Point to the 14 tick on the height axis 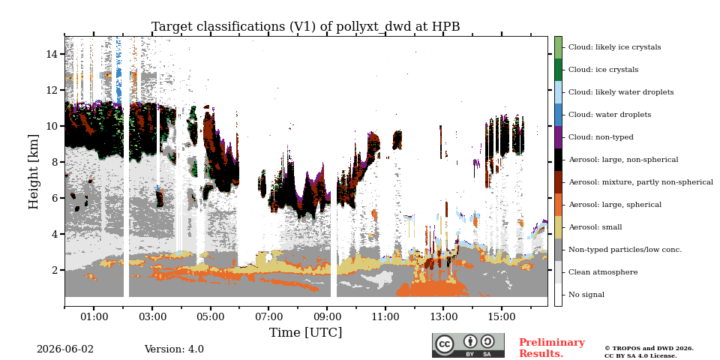(63, 54)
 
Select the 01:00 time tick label (94, 316)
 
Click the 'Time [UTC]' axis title (306, 332)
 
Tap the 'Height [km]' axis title (34, 172)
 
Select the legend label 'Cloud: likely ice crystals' (615, 46)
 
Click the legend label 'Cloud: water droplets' (610, 114)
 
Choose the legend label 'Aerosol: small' (595, 226)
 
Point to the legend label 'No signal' (586, 294)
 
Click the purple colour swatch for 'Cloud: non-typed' (558, 136)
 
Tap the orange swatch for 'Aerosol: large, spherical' (558, 204)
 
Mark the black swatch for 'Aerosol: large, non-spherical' (558, 159)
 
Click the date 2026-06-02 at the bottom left (65, 349)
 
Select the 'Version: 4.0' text (174, 349)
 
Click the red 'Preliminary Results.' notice (552, 348)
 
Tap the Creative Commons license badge (468, 345)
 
